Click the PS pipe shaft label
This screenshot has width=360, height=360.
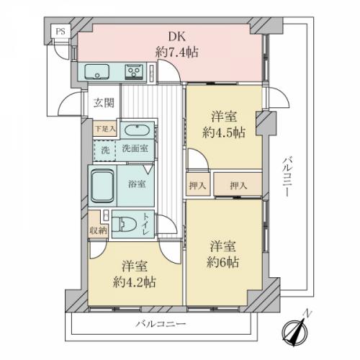pos(60,32)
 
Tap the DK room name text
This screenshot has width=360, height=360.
pos(177,37)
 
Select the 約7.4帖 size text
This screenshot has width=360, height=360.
pos(177,52)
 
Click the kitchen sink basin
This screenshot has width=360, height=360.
pos(97,71)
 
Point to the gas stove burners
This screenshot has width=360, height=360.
pos(133,71)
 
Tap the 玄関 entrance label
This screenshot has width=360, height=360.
pos(104,103)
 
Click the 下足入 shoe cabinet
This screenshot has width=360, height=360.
pos(105,129)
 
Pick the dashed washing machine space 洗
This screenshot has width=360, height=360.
pos(104,150)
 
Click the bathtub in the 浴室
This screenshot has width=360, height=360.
pos(102,186)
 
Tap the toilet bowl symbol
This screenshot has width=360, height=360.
pos(124,225)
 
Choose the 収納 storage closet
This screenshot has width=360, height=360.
pos(98,225)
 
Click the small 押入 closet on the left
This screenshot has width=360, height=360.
pos(198,184)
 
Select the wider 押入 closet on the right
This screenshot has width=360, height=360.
pos(238,184)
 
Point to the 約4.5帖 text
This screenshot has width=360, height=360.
pos(224,132)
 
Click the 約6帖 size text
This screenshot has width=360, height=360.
pos(223,262)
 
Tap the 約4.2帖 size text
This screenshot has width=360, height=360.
pos(135,282)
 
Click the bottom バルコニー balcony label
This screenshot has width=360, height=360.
pos(161,324)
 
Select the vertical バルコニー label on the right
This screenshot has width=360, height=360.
pos(287,176)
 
